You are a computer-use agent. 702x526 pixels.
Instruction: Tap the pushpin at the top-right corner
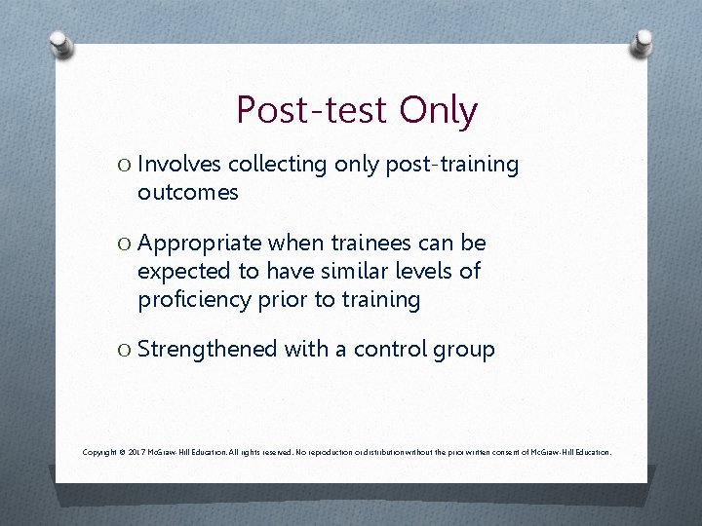click(643, 42)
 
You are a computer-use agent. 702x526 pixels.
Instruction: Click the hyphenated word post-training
click(452, 165)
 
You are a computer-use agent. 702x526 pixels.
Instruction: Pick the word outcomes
click(187, 193)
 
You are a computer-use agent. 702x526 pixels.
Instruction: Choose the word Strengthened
click(208, 349)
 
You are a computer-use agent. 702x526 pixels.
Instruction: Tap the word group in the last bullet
click(466, 350)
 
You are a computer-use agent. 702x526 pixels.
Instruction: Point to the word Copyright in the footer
click(100, 452)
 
